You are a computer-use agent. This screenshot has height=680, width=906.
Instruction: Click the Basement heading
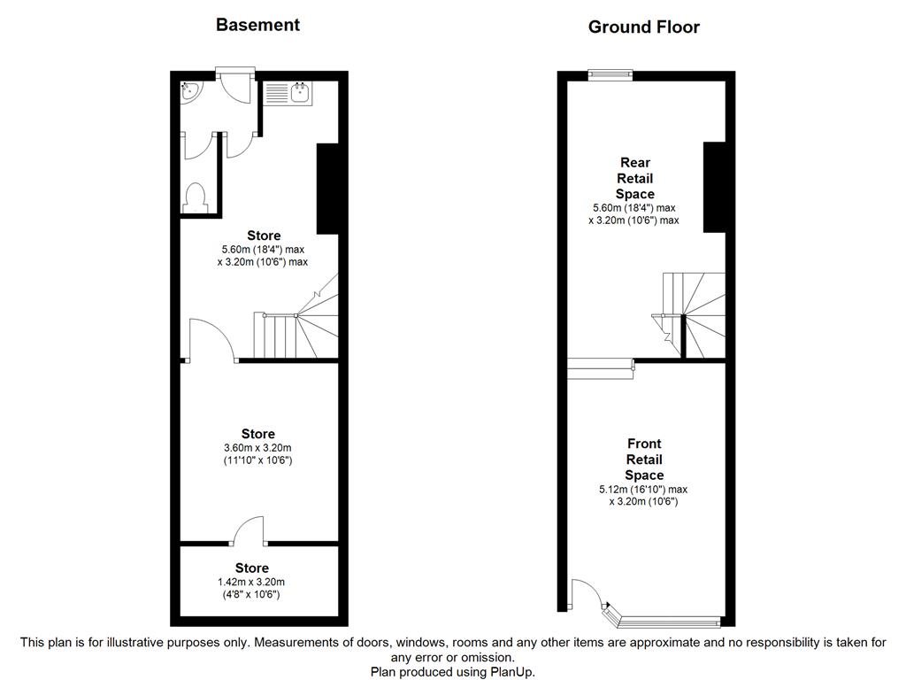click(257, 25)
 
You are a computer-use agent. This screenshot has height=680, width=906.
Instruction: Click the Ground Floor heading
click(643, 27)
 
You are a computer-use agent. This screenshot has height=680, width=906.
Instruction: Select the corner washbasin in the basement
click(190, 89)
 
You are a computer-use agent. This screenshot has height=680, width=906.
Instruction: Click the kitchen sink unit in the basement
click(287, 91)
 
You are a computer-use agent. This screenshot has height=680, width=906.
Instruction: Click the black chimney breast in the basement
click(327, 188)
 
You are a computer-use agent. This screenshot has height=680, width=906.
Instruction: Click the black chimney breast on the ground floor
click(714, 187)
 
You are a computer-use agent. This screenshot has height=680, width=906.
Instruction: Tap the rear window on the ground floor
click(610, 75)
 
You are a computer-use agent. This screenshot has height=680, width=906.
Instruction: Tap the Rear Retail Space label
click(634, 178)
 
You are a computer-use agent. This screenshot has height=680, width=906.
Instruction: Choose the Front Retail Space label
click(643, 460)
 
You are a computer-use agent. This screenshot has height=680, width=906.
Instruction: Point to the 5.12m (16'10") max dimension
click(642, 489)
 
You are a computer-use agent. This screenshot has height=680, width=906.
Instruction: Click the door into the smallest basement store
click(250, 531)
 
